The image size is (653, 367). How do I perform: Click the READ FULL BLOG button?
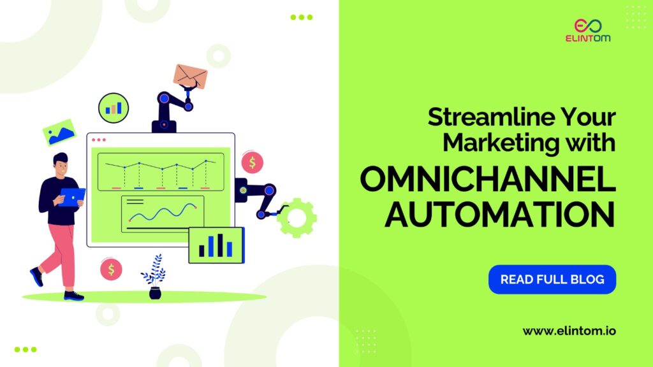click(x=552, y=279)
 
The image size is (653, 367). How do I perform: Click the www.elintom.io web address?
click(x=569, y=331)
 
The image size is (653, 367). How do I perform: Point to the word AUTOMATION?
click(x=499, y=215)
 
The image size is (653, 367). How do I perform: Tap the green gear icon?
click(x=297, y=218)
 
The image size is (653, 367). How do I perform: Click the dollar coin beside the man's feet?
click(x=111, y=270)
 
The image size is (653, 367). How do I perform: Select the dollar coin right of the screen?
click(x=253, y=162)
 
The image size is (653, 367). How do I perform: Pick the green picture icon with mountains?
click(x=59, y=132)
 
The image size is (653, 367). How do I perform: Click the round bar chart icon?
click(x=114, y=108)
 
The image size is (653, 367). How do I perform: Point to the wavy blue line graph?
click(x=163, y=213)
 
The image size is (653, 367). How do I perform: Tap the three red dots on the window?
click(x=99, y=140)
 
